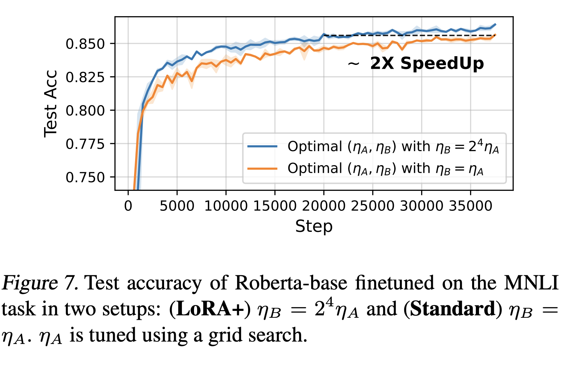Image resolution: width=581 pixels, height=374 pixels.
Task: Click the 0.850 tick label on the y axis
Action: click(x=85, y=44)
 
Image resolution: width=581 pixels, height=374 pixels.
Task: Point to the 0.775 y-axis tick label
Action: click(x=85, y=144)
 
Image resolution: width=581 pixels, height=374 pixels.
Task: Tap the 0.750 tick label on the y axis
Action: click(x=85, y=178)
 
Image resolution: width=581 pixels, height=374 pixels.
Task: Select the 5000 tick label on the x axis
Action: click(x=177, y=206)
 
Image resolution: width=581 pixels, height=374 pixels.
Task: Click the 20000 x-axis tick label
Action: click(x=324, y=206)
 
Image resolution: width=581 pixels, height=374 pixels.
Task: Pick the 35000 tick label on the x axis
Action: click(x=470, y=206)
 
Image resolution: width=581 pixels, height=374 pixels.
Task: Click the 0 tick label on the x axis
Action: click(x=128, y=206)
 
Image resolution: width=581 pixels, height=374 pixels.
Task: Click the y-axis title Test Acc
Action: click(x=50, y=104)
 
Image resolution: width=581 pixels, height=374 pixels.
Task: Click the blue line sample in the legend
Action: click(x=263, y=147)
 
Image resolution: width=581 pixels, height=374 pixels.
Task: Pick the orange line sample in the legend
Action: click(x=263, y=169)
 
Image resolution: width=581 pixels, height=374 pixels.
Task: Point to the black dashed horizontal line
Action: click(x=409, y=35)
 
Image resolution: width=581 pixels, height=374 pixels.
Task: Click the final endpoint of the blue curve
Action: click(x=496, y=24)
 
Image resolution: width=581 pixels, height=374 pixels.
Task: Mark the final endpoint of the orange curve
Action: click(x=496, y=35)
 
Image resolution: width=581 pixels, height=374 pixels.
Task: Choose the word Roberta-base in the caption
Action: click(x=291, y=283)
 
